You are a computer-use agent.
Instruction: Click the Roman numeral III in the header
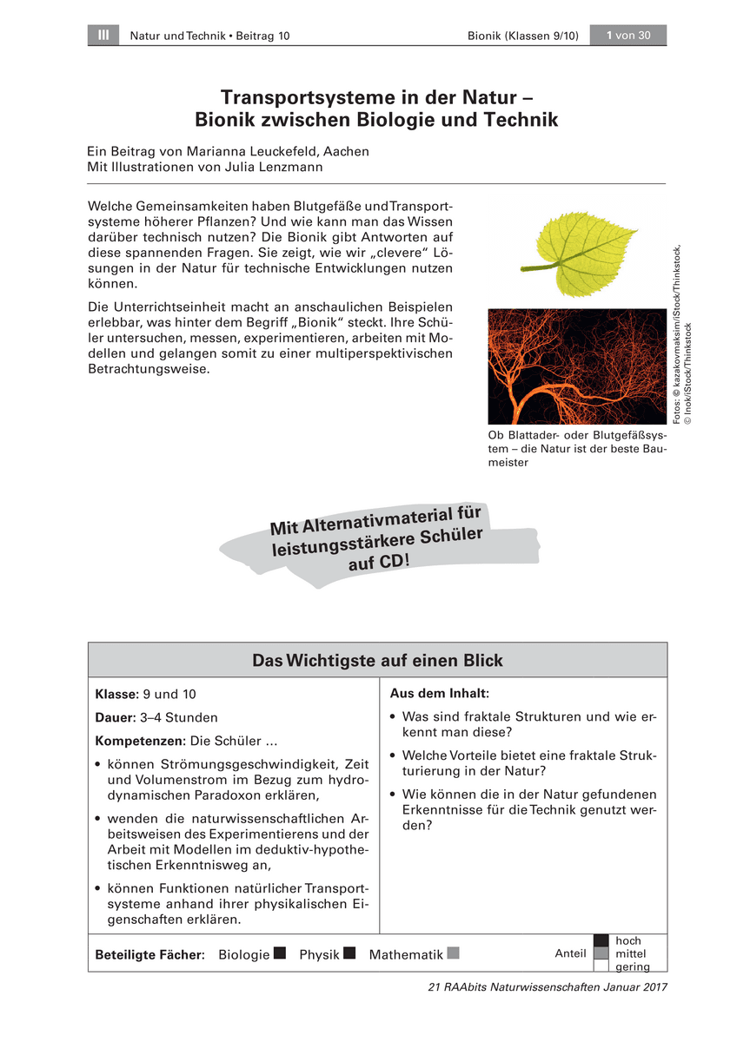(x=103, y=35)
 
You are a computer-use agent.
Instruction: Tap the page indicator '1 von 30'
(x=627, y=35)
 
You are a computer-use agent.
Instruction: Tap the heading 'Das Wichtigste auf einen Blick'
(x=377, y=661)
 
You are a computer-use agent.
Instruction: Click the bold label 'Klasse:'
(x=116, y=695)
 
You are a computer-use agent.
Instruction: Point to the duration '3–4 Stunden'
(x=179, y=718)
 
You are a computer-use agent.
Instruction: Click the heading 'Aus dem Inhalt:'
(x=440, y=694)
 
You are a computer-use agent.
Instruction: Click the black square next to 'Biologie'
(x=279, y=953)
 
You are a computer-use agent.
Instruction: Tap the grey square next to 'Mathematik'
(x=453, y=953)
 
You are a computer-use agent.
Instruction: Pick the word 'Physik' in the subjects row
(x=319, y=954)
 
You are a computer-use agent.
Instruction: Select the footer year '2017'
(x=652, y=987)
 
